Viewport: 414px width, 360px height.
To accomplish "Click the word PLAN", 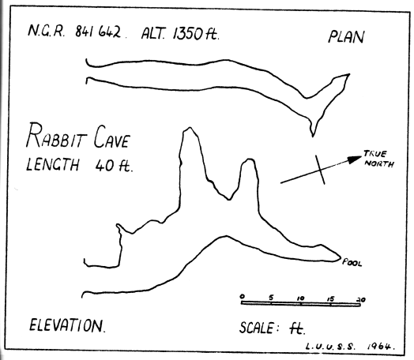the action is tap(346, 37).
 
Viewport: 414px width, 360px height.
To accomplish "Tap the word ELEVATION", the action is tap(67, 325).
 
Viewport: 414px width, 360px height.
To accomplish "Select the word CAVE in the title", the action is tap(112, 137).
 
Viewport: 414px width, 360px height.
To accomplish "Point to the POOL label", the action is tap(352, 262).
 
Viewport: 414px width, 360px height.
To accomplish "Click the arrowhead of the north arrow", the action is tap(354, 159).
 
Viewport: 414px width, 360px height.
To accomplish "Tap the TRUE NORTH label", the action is tap(378, 159).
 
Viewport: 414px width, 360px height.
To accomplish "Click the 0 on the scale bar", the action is tap(243, 296).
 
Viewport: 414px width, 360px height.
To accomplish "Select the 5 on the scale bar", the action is tap(271, 297).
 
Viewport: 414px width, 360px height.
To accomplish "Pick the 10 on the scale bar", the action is tap(300, 298).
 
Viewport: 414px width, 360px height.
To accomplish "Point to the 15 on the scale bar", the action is tap(330, 299).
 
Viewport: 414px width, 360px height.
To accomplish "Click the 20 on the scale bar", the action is tap(361, 300).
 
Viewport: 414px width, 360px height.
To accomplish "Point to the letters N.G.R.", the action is tap(46, 31).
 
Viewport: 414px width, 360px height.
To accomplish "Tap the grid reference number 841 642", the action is tap(98, 32).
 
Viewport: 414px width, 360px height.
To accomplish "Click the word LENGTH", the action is tap(53, 164).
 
